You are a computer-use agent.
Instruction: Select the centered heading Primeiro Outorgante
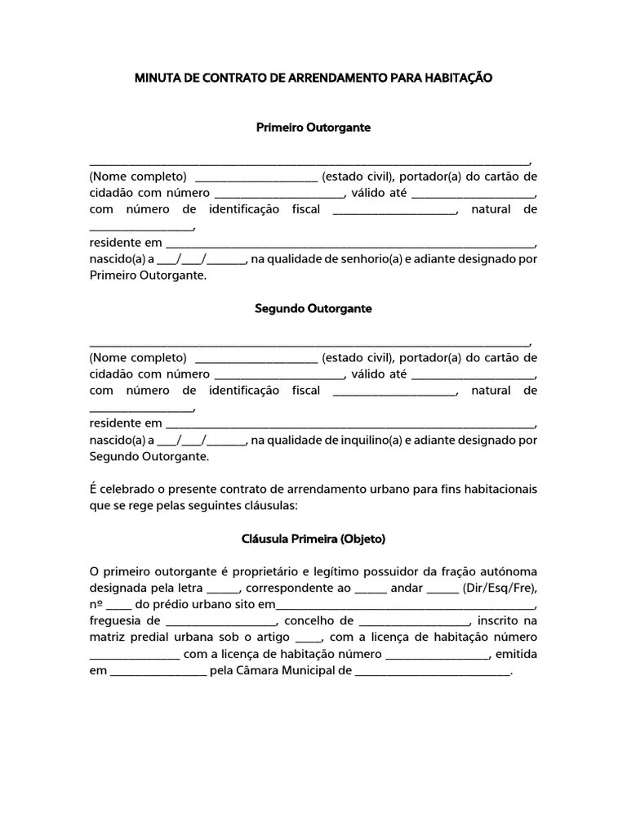(x=313, y=128)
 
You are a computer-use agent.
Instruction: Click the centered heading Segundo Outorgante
(x=313, y=309)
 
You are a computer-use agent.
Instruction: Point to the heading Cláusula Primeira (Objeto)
(x=313, y=539)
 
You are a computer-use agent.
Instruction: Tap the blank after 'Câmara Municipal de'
(x=432, y=672)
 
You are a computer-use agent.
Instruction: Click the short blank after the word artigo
(x=309, y=638)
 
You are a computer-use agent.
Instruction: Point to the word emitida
(x=516, y=654)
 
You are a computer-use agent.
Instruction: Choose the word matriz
(x=106, y=637)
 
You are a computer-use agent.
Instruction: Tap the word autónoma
(x=509, y=571)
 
